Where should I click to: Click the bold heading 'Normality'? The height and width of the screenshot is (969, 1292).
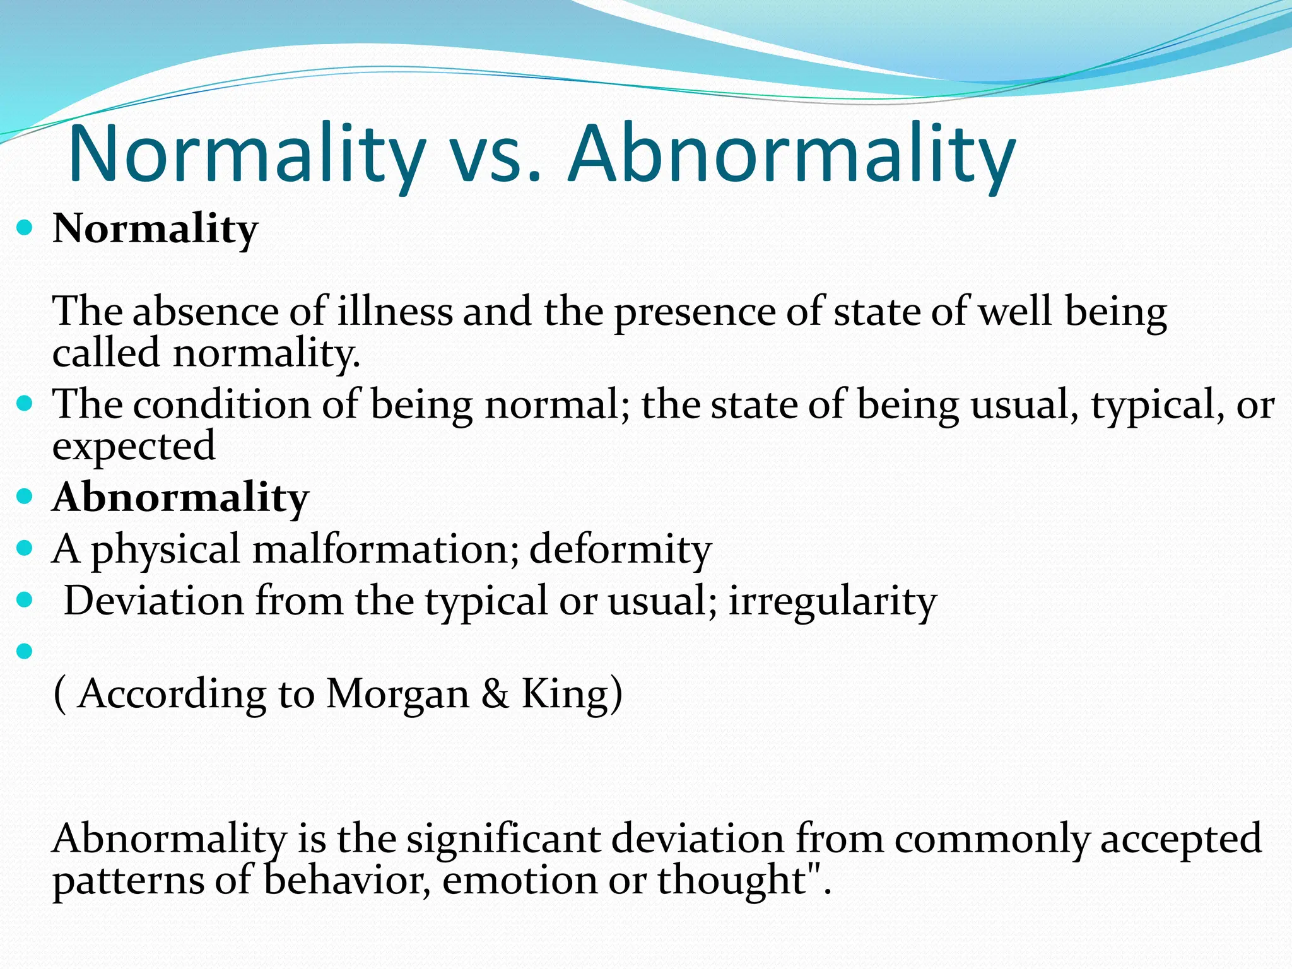coord(155,228)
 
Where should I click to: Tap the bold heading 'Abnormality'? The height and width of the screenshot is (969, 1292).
coord(180,498)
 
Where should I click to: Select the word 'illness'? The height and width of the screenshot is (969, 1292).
coord(395,312)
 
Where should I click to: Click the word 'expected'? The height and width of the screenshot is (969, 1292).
coord(134,447)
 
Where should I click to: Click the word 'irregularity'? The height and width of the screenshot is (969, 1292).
coord(833,601)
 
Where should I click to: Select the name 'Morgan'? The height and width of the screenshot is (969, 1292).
coord(397,695)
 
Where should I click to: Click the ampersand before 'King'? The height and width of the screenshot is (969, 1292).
coord(495,694)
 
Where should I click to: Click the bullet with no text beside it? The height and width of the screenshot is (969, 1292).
coord(25,651)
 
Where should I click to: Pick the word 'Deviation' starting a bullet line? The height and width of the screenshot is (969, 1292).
coord(153,601)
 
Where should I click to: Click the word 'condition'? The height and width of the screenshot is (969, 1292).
coord(221,404)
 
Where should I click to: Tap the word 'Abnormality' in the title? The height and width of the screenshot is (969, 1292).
coord(792,155)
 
